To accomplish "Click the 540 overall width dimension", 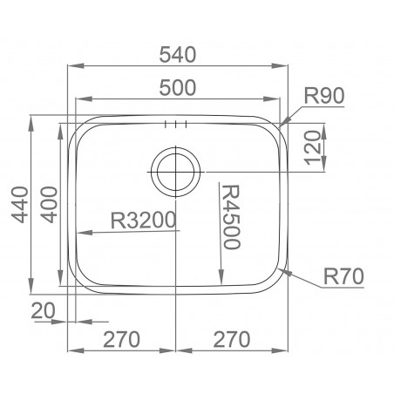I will (178, 53).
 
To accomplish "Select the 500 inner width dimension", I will (177, 87).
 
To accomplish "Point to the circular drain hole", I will (176, 170).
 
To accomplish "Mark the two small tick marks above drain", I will (175, 123).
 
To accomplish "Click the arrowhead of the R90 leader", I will (284, 123).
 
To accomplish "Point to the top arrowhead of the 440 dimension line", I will (32, 119).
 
